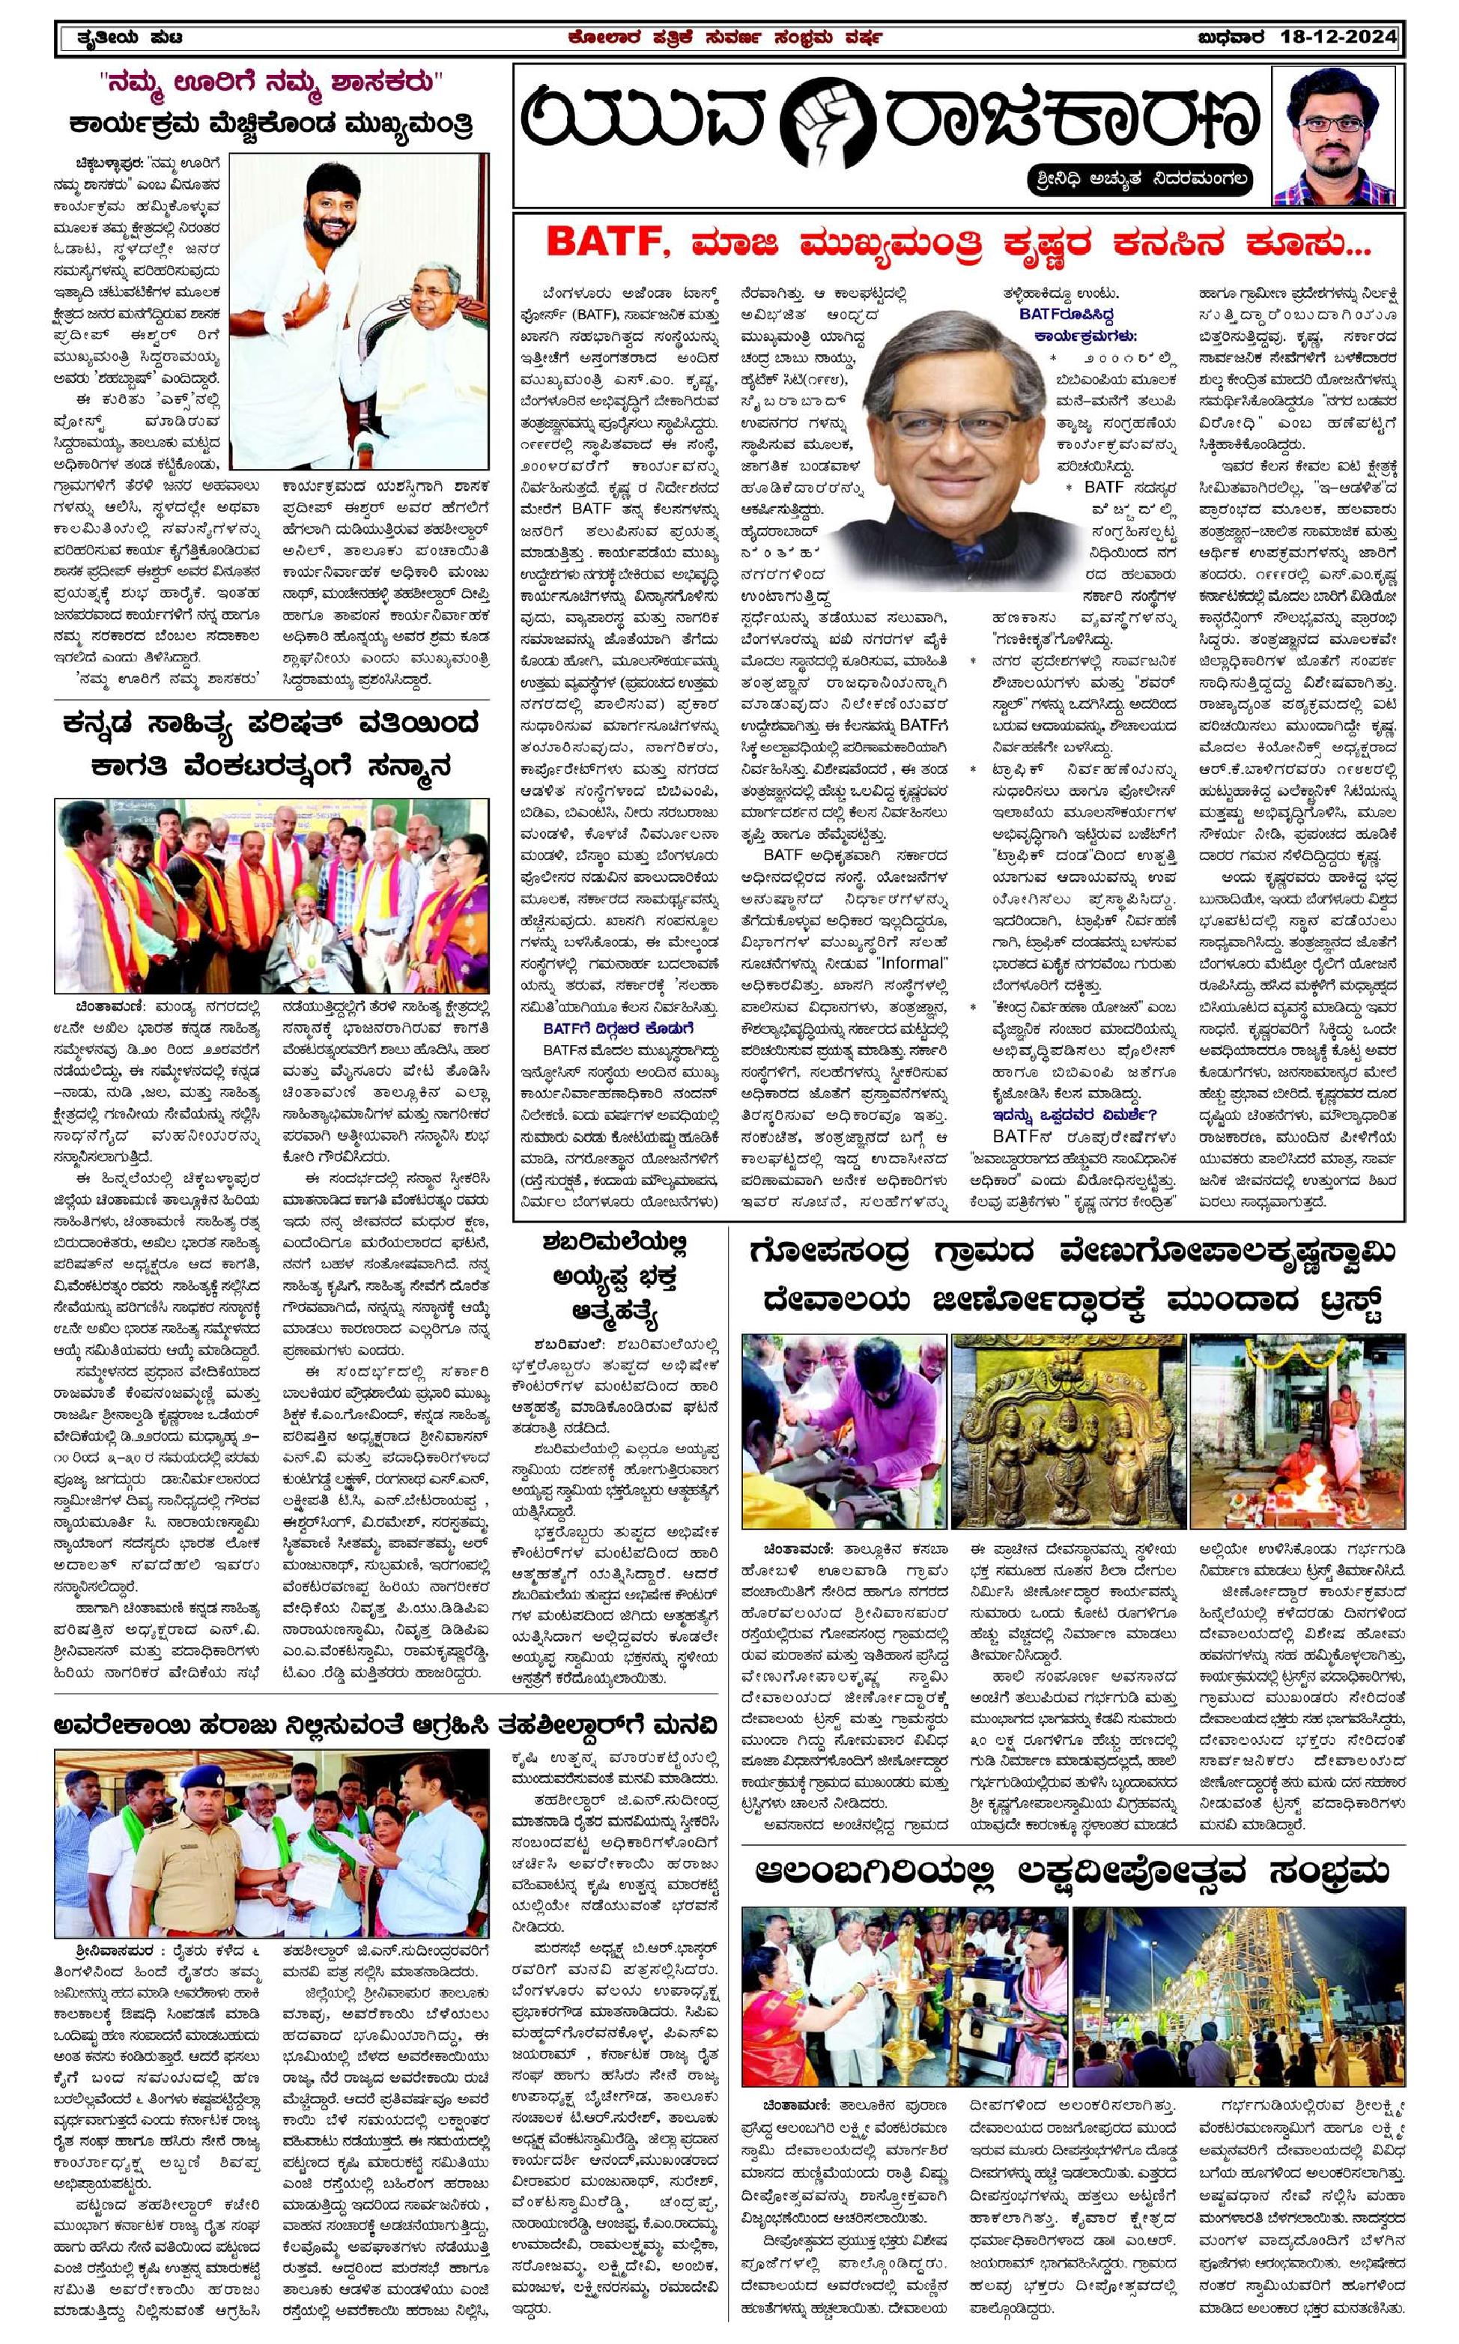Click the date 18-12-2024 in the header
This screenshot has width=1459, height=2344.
tap(1338, 37)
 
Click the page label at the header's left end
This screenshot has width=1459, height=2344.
tap(130, 37)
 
